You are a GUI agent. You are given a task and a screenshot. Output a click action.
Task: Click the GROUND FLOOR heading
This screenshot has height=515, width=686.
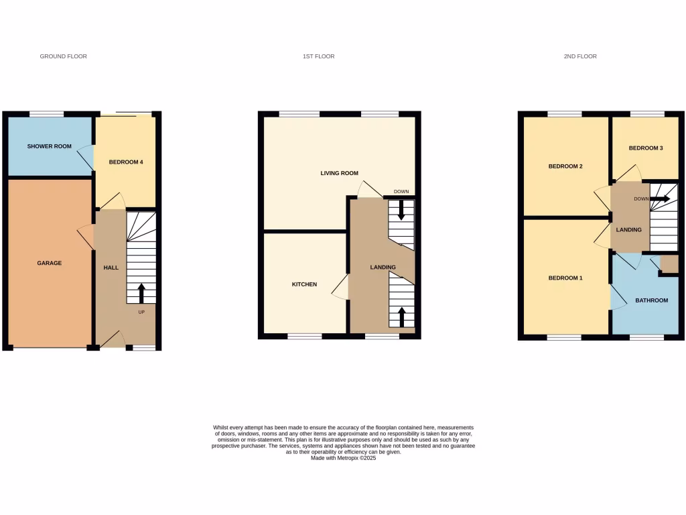click(64, 56)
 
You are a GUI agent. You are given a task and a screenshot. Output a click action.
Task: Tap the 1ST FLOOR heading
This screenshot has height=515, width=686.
click(318, 56)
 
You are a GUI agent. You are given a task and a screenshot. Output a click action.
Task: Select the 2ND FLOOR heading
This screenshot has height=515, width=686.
click(580, 56)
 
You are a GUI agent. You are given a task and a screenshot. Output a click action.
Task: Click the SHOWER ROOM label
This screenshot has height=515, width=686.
click(49, 146)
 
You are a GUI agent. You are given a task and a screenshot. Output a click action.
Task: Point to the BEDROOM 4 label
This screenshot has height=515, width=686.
click(126, 162)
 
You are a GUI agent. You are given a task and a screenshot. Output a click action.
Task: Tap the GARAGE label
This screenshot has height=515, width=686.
click(49, 263)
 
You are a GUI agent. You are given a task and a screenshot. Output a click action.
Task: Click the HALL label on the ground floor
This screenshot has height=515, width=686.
click(111, 268)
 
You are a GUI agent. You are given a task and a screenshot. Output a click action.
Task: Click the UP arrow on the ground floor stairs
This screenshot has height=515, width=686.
click(141, 293)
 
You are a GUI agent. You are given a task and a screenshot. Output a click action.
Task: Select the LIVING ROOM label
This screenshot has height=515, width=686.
click(340, 173)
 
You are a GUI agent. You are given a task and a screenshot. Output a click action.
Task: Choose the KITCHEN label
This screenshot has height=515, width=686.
click(304, 284)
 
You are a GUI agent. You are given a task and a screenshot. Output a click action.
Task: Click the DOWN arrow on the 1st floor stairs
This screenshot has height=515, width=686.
click(401, 210)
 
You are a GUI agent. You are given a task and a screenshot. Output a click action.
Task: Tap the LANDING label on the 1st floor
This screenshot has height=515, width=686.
click(383, 268)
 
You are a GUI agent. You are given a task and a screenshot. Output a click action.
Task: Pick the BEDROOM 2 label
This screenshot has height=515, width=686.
click(565, 166)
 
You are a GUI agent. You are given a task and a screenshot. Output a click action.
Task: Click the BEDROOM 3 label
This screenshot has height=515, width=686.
click(646, 148)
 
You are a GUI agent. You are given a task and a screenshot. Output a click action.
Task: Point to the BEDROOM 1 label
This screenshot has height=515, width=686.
click(565, 278)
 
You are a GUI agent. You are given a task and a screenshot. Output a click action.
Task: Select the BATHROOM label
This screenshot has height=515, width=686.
click(652, 300)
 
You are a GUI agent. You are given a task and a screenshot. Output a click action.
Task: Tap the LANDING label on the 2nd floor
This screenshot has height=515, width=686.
click(628, 230)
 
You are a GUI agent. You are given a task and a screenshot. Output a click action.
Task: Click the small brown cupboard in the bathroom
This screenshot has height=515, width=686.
click(669, 264)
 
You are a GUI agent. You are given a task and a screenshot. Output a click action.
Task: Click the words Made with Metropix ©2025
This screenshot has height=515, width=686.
click(344, 458)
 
